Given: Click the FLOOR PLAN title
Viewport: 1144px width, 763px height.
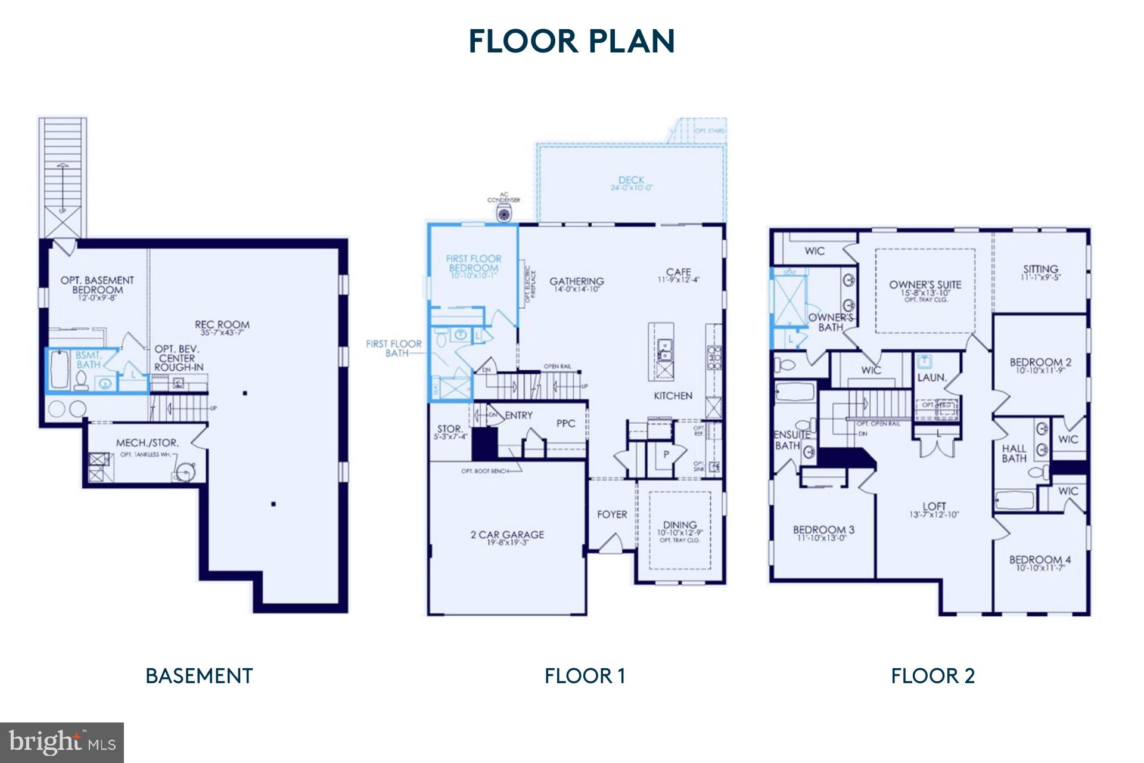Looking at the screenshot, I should tap(571, 41).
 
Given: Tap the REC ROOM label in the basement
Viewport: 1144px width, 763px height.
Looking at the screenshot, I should tap(222, 325).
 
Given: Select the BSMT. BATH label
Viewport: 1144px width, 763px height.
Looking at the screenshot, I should tap(88, 360).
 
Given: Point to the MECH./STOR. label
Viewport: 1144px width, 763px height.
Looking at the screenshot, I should tap(147, 443).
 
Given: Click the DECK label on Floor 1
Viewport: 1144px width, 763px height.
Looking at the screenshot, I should tap(631, 180).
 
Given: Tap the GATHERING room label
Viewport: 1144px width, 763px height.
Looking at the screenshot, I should tap(576, 281).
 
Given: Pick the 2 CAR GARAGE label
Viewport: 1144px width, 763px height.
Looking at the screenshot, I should tap(507, 535).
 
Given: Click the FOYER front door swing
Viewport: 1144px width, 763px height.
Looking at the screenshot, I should tap(611, 543).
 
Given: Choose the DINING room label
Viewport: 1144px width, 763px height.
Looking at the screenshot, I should tap(680, 526).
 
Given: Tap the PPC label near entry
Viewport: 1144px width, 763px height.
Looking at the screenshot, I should tap(565, 423).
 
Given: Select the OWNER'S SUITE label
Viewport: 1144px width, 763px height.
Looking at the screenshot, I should tap(925, 285).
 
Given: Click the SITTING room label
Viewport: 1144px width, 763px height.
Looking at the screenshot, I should tap(1040, 269).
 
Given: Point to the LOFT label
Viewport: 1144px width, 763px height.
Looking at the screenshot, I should tap(934, 507).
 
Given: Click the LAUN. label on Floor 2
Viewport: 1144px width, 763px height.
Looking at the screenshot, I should tap(931, 377).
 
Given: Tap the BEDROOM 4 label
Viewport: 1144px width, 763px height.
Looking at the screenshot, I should tap(1040, 560).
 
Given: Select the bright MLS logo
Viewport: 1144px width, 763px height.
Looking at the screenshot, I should tap(62, 742).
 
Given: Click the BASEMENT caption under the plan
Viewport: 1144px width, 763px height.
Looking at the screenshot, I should tap(199, 676).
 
